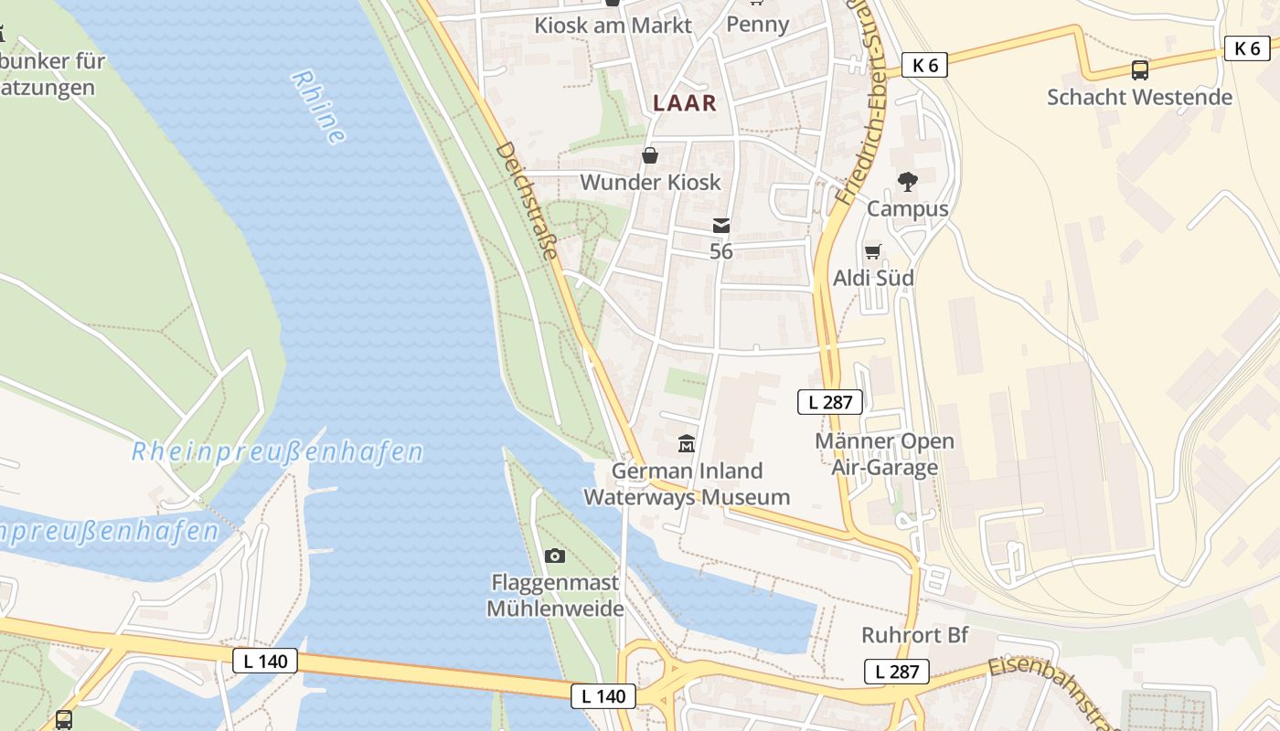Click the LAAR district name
(x=685, y=103)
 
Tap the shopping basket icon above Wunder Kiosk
(x=650, y=155)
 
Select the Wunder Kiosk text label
(x=650, y=182)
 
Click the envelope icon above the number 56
(x=721, y=226)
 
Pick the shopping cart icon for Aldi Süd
(x=873, y=251)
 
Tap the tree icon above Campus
(x=907, y=182)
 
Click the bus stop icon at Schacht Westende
(x=1139, y=69)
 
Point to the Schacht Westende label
(x=1139, y=97)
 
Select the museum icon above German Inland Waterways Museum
(x=687, y=444)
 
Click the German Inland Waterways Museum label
(x=687, y=484)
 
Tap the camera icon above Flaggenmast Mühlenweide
(x=554, y=556)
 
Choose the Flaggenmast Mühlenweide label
(x=555, y=595)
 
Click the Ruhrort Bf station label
(x=914, y=635)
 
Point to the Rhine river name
(x=318, y=107)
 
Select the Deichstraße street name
(x=527, y=201)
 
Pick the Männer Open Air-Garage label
(x=884, y=454)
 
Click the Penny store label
(x=757, y=25)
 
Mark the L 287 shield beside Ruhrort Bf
(x=897, y=672)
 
